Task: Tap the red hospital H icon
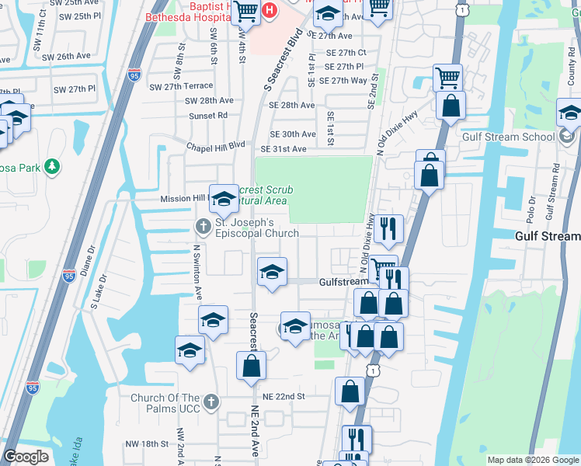tap(270, 10)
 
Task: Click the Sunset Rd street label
tap(208, 115)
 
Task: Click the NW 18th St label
tap(148, 443)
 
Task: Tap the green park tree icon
tap(52, 166)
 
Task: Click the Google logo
tap(26, 457)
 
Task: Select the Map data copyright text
tap(532, 460)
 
